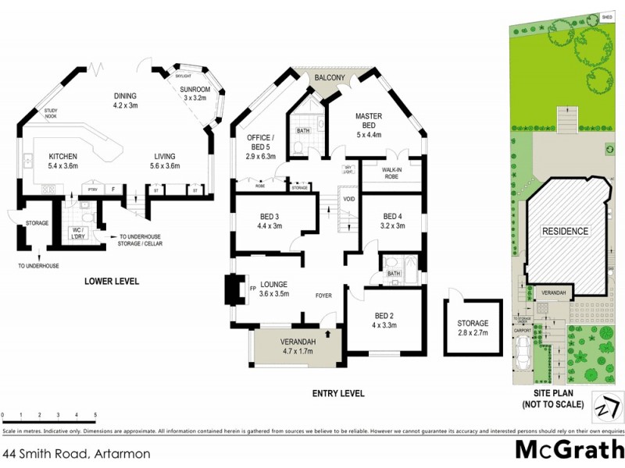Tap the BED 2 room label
[385, 315]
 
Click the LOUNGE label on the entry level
[274, 284]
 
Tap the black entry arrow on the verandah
[327, 334]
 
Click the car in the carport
[524, 360]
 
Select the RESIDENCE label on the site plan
[566, 231]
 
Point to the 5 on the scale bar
[95, 415]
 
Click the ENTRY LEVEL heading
[337, 394]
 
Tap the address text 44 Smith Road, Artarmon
[77, 452]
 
